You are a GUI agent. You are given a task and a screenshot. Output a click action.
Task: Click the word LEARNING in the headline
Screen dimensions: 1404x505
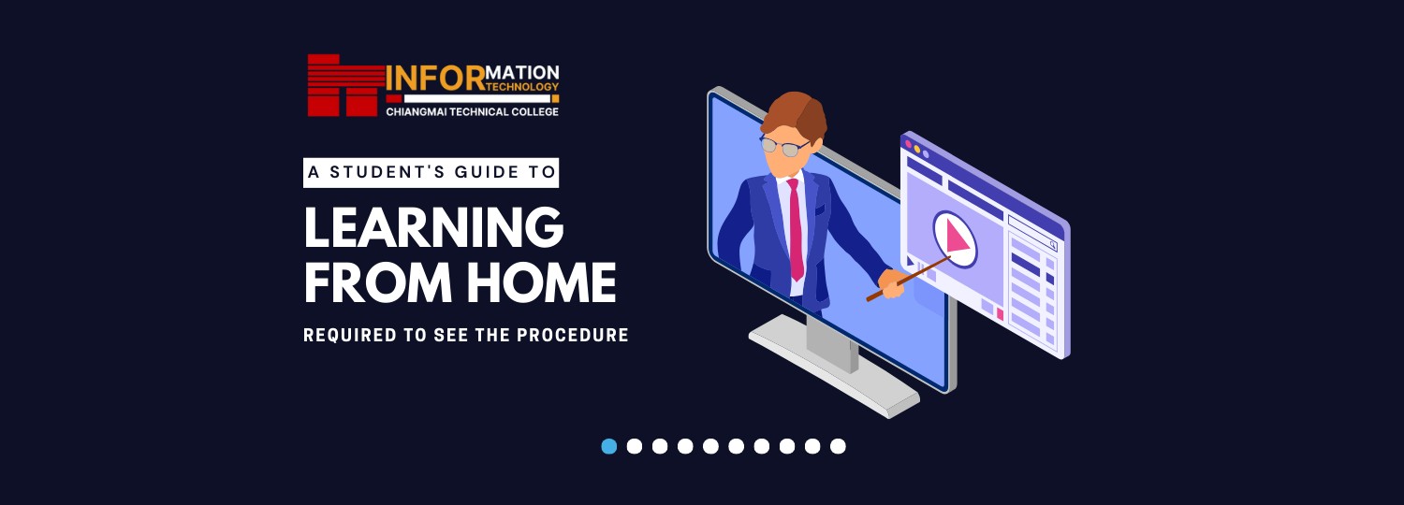[433, 227]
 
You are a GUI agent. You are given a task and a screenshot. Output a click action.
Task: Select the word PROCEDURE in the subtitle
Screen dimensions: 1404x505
[572, 335]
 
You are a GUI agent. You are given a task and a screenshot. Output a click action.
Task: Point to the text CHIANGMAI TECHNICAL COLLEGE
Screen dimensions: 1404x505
[472, 112]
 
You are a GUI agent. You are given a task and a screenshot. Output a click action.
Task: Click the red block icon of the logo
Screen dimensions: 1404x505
[344, 85]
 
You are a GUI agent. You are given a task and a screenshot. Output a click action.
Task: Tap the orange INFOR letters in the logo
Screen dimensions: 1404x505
[435, 79]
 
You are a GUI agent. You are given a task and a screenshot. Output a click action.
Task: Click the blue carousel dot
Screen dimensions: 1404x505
[608, 446]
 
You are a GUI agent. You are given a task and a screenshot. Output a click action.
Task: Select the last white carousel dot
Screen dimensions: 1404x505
[838, 446]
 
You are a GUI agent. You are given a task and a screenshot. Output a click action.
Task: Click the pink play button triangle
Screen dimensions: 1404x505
[957, 238]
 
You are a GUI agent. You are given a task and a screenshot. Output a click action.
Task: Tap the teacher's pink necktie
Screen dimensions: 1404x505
[795, 229]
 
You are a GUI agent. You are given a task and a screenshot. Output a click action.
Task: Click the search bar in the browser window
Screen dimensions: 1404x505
[1032, 233]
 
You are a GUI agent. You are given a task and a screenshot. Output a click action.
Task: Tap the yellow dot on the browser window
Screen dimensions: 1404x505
[917, 149]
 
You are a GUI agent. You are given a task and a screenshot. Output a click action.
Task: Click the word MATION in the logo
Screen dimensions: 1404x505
[522, 73]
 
